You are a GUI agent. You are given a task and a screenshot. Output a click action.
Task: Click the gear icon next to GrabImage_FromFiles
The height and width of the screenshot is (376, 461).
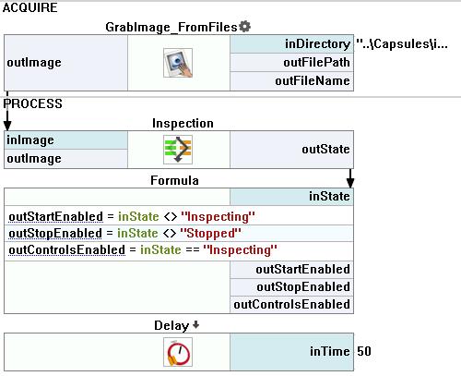coord(244,27)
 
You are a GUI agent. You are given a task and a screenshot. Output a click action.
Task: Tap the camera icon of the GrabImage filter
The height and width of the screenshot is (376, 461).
coord(178,63)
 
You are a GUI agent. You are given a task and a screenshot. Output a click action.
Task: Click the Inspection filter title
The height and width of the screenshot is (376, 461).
coord(183,123)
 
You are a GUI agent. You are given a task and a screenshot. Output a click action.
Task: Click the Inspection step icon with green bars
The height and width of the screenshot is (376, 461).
coord(178,150)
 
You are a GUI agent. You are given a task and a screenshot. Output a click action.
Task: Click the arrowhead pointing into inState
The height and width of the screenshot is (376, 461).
coord(350,183)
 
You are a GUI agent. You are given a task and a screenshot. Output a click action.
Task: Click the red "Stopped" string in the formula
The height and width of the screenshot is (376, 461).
coord(210,233)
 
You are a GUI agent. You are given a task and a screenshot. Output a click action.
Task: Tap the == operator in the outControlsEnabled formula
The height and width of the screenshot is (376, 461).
coord(193,249)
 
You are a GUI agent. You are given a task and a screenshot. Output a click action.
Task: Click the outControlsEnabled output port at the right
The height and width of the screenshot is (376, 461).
coord(291,305)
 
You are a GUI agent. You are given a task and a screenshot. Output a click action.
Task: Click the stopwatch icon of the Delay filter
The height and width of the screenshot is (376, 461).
coord(178,352)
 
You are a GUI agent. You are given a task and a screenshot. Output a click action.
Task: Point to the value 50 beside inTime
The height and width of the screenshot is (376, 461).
coord(364,351)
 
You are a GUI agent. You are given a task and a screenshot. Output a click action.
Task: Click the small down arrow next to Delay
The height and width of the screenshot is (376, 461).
coord(195,324)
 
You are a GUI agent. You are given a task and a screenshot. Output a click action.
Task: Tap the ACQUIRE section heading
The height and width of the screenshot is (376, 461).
coord(30,7)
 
